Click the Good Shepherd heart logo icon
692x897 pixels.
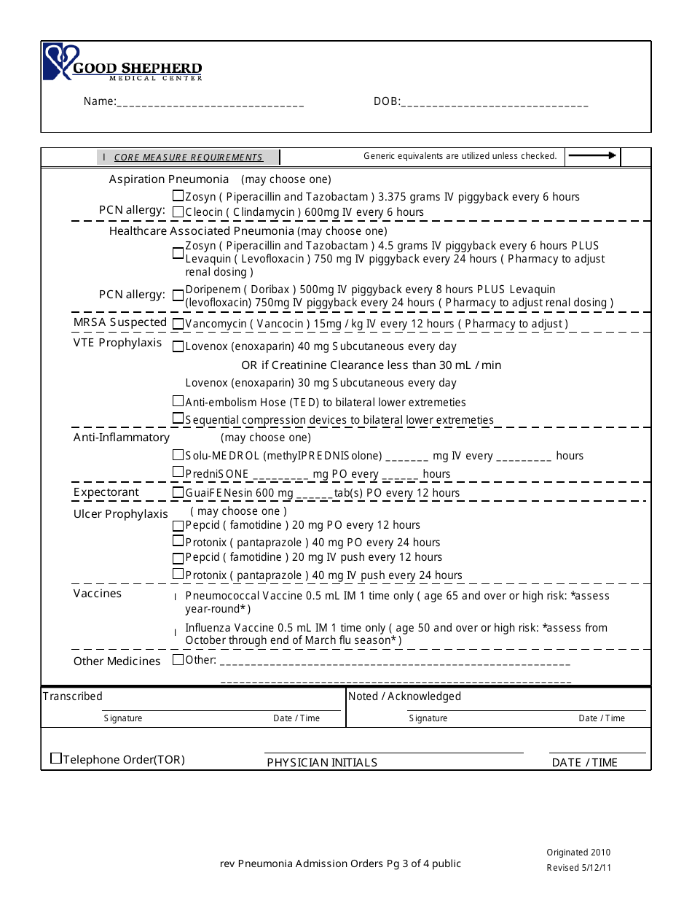(x=58, y=62)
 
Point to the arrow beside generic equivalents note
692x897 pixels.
(x=592, y=155)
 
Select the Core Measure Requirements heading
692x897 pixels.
(x=188, y=158)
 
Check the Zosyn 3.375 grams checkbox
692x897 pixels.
(x=178, y=195)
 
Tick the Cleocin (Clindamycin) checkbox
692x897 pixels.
(x=178, y=211)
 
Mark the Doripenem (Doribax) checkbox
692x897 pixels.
(x=178, y=295)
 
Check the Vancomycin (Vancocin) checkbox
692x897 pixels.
(x=178, y=323)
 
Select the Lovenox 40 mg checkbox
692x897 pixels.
(x=178, y=346)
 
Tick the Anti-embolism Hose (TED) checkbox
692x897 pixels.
(x=178, y=401)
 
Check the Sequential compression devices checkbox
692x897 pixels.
(x=178, y=419)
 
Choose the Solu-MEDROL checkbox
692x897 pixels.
(x=178, y=455)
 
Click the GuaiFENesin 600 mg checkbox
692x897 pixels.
(x=178, y=492)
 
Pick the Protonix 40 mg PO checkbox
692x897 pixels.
(x=178, y=541)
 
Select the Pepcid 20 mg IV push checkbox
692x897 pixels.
(x=178, y=558)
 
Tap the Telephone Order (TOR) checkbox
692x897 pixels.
(x=56, y=758)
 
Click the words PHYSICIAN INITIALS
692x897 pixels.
(x=322, y=763)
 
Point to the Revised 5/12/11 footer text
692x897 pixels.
(x=578, y=868)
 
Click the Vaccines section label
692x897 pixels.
(x=98, y=594)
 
